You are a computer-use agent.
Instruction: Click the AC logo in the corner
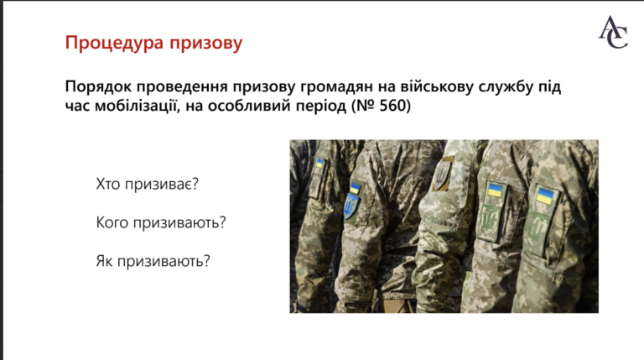click(613, 32)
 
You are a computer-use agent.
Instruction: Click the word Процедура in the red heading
click(115, 43)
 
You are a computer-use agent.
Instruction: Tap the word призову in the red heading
click(206, 44)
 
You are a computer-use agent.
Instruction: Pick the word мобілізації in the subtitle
click(138, 106)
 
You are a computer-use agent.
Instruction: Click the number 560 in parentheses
click(392, 106)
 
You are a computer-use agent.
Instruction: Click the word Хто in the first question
click(108, 184)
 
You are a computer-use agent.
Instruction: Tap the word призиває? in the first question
click(162, 185)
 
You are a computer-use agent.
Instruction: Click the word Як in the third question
click(104, 261)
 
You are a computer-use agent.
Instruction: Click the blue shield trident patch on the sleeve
click(351, 206)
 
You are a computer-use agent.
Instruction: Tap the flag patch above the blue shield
click(355, 188)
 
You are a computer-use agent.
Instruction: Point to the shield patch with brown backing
click(443, 175)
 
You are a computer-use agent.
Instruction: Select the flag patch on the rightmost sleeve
click(545, 196)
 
